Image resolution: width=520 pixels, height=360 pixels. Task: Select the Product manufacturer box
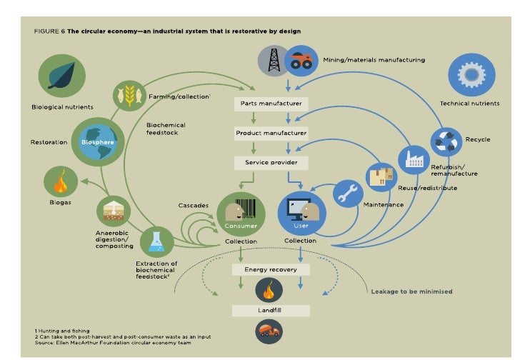point(270,134)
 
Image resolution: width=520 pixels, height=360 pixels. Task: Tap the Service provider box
point(270,163)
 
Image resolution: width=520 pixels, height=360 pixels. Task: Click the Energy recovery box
point(270,270)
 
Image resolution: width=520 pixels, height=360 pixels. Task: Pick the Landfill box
point(270,311)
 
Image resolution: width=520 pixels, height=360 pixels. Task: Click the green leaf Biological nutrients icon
point(61,77)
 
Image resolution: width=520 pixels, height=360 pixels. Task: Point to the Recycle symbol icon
point(448,141)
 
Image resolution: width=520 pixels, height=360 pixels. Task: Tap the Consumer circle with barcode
point(241,214)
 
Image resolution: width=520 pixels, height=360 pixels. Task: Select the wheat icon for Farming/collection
point(129,96)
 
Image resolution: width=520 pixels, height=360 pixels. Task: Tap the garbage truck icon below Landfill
point(270,331)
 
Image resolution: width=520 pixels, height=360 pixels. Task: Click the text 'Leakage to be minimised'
point(411,291)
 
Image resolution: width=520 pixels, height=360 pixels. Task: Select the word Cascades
point(193,206)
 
